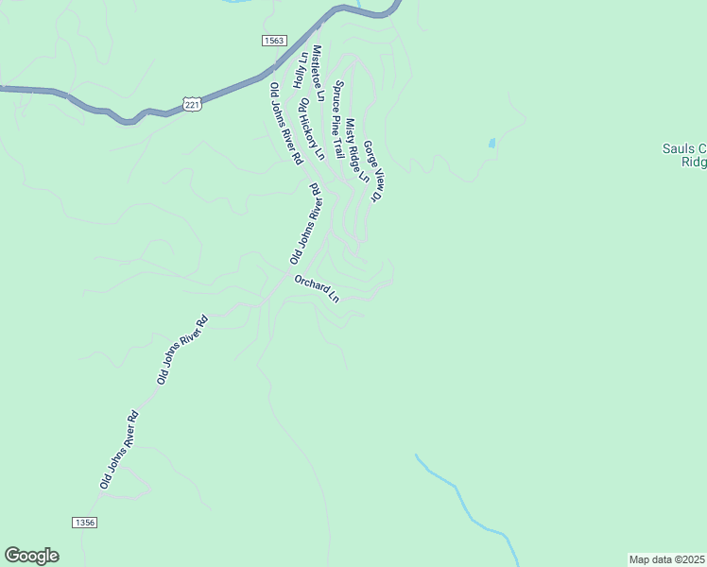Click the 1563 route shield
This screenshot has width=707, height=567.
(x=274, y=41)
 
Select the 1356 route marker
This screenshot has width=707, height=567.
(x=84, y=523)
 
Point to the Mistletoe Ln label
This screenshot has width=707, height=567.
(x=319, y=73)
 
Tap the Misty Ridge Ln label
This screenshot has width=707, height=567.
(x=356, y=149)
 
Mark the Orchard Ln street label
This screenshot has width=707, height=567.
(x=316, y=288)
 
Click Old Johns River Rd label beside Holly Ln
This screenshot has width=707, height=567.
(x=285, y=122)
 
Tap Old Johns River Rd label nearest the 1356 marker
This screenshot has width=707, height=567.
(x=120, y=450)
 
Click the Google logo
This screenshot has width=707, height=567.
(x=31, y=556)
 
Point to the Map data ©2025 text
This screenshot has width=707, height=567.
(x=667, y=559)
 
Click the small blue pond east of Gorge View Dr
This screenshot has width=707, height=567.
(x=491, y=144)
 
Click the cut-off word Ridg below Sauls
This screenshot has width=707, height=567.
(x=694, y=162)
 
